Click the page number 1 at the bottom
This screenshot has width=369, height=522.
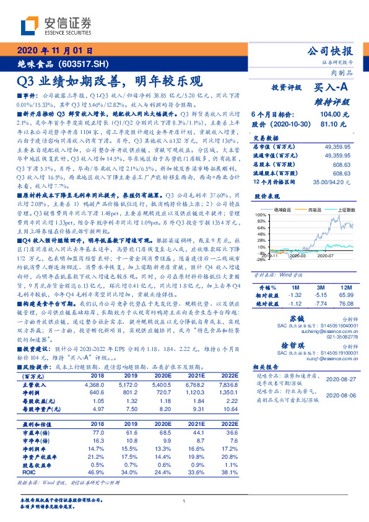tap(184, 501)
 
